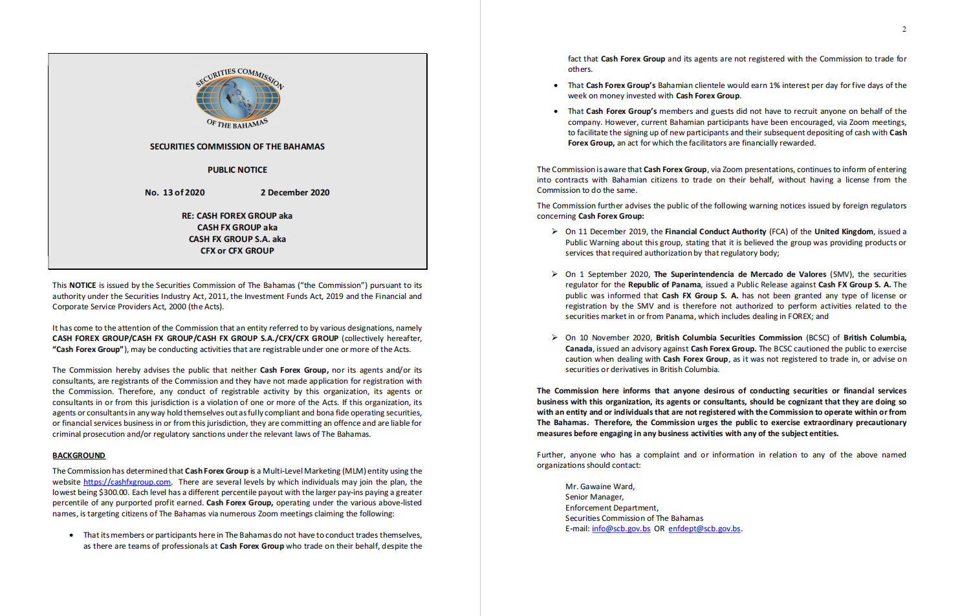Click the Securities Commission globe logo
tap(238, 97)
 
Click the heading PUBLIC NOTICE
tap(237, 170)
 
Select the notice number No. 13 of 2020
tap(175, 193)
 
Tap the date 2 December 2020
tap(295, 193)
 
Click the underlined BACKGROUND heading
tap(79, 456)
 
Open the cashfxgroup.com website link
tap(127, 482)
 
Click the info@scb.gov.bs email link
tap(621, 529)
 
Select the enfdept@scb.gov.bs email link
tap(704, 529)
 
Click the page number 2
tap(904, 29)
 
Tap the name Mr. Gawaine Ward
tap(600, 487)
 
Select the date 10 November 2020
tap(608, 338)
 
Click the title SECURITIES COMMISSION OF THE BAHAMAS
tap(237, 147)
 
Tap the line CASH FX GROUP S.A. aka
tap(237, 239)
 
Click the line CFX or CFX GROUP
tap(237, 251)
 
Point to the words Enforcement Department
tap(611, 508)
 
